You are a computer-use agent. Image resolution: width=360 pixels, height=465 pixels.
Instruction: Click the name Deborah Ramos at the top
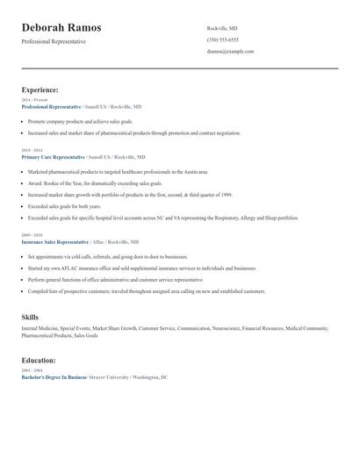tap(61, 27)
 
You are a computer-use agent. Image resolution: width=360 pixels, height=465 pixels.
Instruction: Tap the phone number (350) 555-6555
tap(223, 39)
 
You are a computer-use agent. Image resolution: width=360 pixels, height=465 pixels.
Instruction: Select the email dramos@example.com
tap(230, 51)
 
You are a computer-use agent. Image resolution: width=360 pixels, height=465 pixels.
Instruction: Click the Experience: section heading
tap(40, 89)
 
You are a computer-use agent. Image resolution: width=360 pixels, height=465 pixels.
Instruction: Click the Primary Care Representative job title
tap(54, 156)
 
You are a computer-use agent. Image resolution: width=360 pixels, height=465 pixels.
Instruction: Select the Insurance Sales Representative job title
tap(55, 241)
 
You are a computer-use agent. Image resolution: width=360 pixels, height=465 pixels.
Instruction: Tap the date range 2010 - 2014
tap(31, 150)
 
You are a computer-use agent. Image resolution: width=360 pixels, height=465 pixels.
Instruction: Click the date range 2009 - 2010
tap(31, 235)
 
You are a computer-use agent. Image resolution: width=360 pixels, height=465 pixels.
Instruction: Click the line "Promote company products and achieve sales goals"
tap(80, 121)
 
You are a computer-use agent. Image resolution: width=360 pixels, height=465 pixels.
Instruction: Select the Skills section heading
tap(31, 316)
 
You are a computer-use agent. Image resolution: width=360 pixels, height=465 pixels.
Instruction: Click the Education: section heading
tap(39, 360)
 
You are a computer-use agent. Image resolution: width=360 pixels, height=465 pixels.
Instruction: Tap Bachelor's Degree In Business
tap(54, 376)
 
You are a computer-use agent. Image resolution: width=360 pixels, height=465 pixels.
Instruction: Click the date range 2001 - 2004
tap(31, 370)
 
